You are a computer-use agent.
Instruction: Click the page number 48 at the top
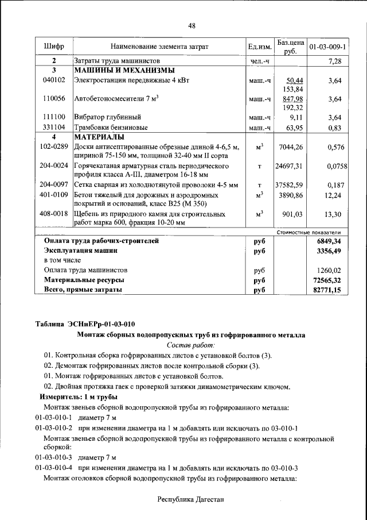[x=192, y=25]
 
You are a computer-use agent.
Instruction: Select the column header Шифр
[x=54, y=45]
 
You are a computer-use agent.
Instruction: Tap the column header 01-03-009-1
[x=327, y=45]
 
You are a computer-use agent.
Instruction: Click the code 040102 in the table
[x=54, y=80]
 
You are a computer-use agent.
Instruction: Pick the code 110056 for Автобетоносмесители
[x=54, y=99]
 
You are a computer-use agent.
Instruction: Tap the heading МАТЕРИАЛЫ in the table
[x=99, y=137]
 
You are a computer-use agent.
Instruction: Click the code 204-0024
[x=54, y=166]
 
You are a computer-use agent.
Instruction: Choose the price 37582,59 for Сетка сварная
[x=290, y=185]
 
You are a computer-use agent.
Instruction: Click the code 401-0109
[x=54, y=195]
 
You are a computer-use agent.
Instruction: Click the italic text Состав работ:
[x=191, y=345]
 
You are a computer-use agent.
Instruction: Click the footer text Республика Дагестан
[x=191, y=500]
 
